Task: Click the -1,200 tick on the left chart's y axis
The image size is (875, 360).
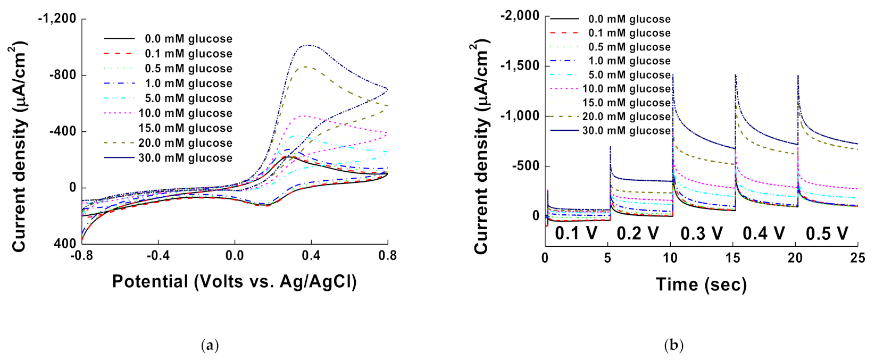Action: [x=57, y=19]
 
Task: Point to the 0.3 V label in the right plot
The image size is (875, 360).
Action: [x=701, y=233]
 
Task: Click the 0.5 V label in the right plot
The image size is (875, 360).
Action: [x=827, y=233]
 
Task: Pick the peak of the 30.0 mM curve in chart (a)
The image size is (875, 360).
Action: [x=309, y=45]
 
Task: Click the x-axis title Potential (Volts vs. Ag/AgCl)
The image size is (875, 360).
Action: [x=234, y=281]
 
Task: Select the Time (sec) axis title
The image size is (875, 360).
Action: [x=701, y=284]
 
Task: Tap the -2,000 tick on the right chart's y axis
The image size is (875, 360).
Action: [x=520, y=15]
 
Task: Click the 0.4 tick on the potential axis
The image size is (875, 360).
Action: [x=311, y=256]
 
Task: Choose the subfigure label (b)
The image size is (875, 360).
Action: [x=673, y=346]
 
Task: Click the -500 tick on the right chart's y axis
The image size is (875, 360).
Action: [x=525, y=166]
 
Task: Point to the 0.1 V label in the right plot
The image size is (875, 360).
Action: [x=576, y=233]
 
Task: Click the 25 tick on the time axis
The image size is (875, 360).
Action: [x=857, y=258]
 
